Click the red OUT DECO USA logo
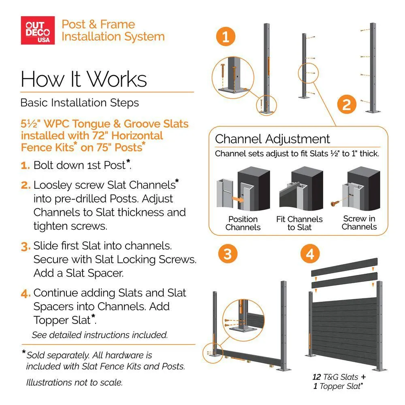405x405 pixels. pos(38,30)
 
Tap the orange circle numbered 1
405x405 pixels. pos(226,36)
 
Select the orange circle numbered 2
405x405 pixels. pos(347,104)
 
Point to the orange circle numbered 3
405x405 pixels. pos(228,254)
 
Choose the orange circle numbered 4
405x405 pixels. pos(310,254)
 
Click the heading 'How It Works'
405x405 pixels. pos(84,79)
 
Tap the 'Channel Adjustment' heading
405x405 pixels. pos(272,139)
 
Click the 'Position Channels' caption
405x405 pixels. pos(243,223)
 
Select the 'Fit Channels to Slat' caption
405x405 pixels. pos(299,223)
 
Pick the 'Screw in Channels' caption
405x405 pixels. pos(359,223)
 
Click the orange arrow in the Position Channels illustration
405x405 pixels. pos(238,199)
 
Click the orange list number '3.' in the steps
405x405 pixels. pos(26,247)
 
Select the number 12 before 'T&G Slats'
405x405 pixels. pos(317,377)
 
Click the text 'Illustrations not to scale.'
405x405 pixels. pos(75,382)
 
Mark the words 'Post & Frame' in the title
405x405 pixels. pos(98,24)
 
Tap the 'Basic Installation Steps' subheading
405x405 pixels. pos(79,103)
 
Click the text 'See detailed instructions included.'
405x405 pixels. pos(100,335)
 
